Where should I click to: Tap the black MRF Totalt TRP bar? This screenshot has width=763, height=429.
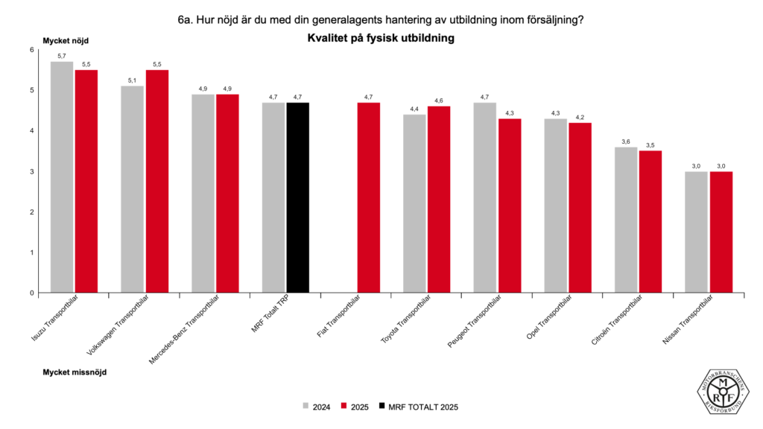pyautogui.click(x=297, y=197)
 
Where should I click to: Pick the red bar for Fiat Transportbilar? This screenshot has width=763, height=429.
pyautogui.click(x=368, y=197)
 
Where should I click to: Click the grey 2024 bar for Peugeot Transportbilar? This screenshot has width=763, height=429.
pyautogui.click(x=485, y=197)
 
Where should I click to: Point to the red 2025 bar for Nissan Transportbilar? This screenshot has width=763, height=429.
pyautogui.click(x=721, y=232)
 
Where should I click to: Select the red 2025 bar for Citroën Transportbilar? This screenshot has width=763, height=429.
pyautogui.click(x=650, y=222)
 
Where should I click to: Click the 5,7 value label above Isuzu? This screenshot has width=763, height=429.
pyautogui.click(x=62, y=56)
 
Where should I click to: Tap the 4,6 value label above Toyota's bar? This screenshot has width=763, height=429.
pyautogui.click(x=439, y=101)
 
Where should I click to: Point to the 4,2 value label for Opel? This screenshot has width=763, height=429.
pyautogui.click(x=580, y=117)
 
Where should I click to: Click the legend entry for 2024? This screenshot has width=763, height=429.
pyautogui.click(x=317, y=407)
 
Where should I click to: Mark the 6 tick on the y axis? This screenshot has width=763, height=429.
pyautogui.click(x=32, y=50)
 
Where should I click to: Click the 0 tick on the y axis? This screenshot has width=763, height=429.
pyautogui.click(x=32, y=293)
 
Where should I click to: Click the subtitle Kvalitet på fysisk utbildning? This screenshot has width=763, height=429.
pyautogui.click(x=381, y=37)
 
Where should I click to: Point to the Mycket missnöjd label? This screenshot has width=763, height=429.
pyautogui.click(x=75, y=370)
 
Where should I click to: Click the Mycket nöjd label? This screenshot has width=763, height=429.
pyautogui.click(x=66, y=40)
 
